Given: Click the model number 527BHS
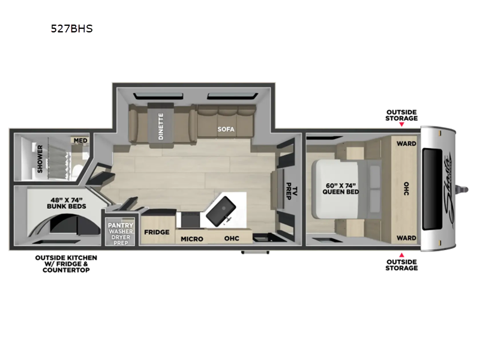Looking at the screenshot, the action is tap(71, 28).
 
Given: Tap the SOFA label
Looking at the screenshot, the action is tap(226, 129).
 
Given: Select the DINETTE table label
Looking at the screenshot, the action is tap(161, 126).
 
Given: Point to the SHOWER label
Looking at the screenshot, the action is tap(40, 159).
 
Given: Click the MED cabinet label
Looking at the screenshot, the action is tap(80, 140).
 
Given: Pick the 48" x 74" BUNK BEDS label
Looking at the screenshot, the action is tap(67, 203).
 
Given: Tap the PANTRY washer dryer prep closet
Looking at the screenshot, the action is tap(121, 232).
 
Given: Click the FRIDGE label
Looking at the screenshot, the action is tap(157, 232).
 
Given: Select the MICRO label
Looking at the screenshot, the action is tap(191, 239).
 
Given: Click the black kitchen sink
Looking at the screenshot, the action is tap(221, 211).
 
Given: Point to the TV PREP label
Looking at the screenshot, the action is tap(291, 191).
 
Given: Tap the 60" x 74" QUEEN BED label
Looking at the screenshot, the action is tap(341, 188).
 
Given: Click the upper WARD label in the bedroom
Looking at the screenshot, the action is tap(406, 143).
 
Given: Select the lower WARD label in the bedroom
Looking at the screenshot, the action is tap(406, 238).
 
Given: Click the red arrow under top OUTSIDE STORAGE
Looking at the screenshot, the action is tap(401, 124).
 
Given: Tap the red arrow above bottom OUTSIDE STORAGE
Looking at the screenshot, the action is tap(401, 255).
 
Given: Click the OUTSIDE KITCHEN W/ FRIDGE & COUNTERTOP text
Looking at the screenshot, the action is tap(66, 264).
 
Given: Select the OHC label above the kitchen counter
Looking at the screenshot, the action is tap(232, 238).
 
